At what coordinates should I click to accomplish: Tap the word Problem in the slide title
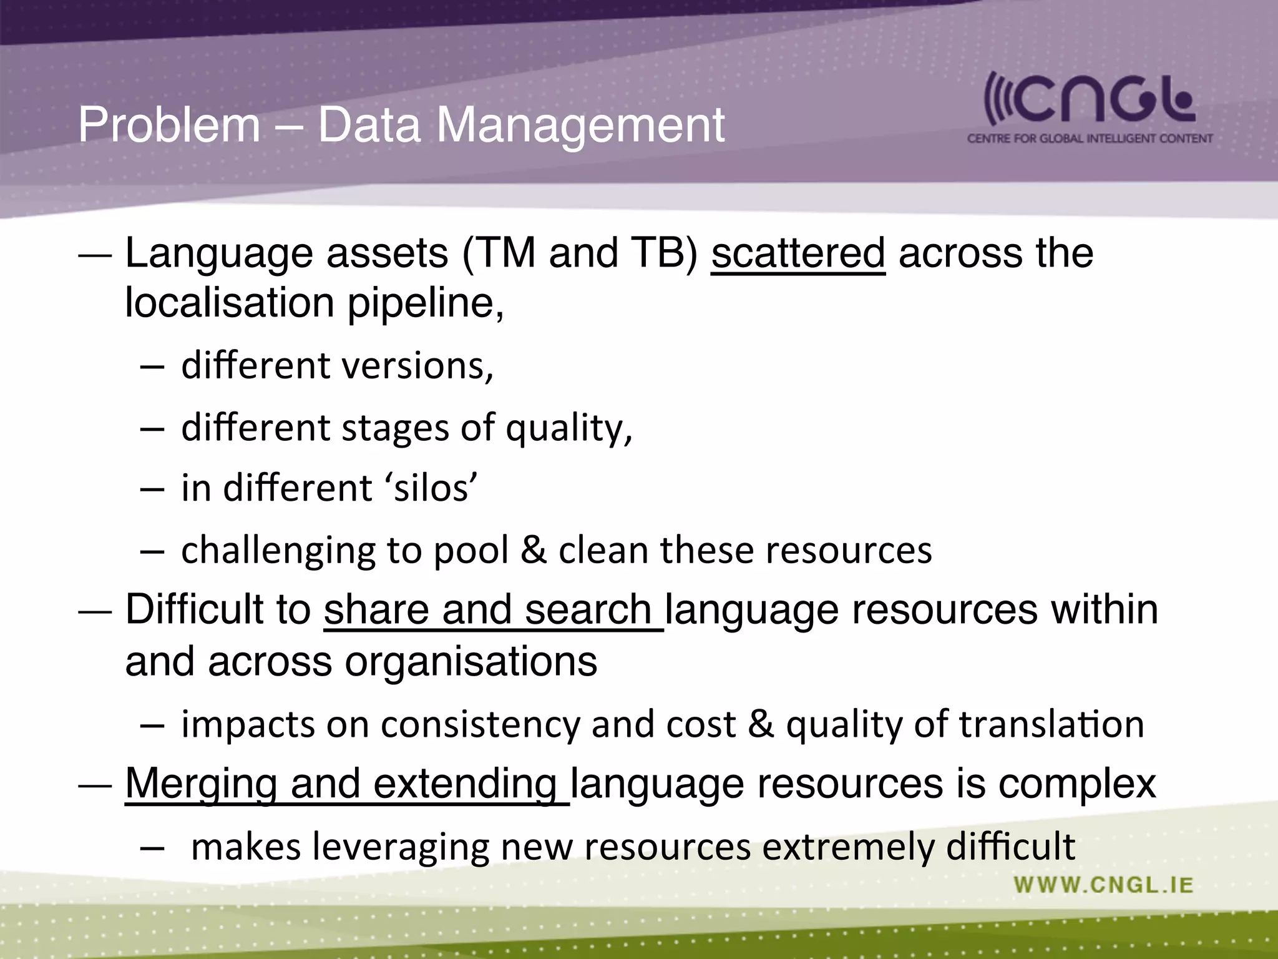[168, 125]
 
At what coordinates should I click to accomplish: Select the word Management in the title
[580, 125]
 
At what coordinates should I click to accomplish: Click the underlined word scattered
[798, 253]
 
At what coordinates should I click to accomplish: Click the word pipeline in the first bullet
[424, 303]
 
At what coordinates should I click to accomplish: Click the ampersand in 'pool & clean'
[533, 550]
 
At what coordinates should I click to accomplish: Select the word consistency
[480, 724]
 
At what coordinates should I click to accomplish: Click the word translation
[1051, 724]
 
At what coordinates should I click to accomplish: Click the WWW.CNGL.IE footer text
[1103, 885]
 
